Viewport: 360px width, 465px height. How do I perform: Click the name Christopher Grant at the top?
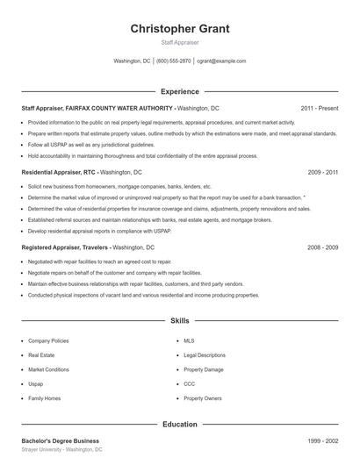click(180, 29)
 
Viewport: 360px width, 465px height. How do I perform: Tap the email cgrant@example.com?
click(221, 61)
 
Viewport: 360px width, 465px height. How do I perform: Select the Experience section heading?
click(180, 91)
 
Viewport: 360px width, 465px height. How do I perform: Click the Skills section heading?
click(180, 321)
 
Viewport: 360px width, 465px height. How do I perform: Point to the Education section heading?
click(180, 424)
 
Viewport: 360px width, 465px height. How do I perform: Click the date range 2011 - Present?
click(319, 108)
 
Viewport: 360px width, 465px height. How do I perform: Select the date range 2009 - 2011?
click(322, 173)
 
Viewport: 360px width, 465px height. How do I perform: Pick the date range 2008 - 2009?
click(322, 248)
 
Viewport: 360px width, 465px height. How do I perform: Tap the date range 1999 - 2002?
click(322, 440)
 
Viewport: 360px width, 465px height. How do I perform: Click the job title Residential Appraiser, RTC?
click(58, 173)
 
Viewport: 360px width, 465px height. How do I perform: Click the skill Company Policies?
click(49, 340)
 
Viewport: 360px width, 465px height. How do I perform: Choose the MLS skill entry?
click(189, 340)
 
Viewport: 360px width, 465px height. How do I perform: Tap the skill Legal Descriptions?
click(205, 355)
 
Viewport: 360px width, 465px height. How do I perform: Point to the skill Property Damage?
click(203, 369)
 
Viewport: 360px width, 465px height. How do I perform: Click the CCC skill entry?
click(190, 383)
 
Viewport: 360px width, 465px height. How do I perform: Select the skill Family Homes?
click(45, 398)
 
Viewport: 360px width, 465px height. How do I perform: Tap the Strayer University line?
click(61, 449)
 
